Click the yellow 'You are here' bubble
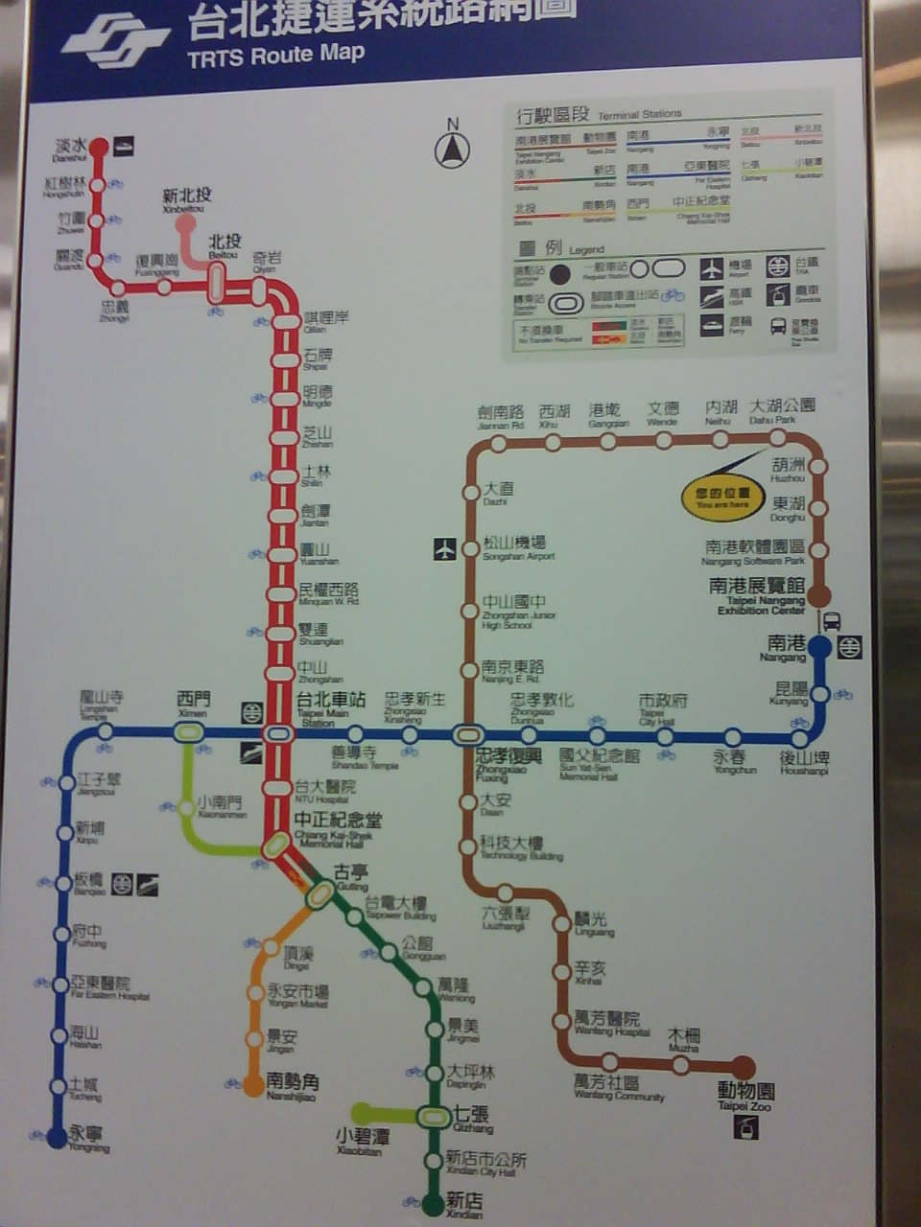(722, 498)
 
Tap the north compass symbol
(452, 150)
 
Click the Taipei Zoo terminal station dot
(744, 1066)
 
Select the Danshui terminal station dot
(99, 147)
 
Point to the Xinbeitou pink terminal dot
(186, 222)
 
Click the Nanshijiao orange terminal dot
(253, 1085)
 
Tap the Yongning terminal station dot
(57, 1136)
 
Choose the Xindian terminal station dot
(433, 1201)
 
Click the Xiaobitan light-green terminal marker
(361, 1113)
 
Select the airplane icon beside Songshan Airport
(444, 549)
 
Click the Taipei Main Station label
(330, 702)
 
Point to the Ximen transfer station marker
(189, 733)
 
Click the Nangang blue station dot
(819, 646)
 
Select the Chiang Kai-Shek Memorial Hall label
(337, 822)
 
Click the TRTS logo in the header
(114, 40)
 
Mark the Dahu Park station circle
(778, 439)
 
